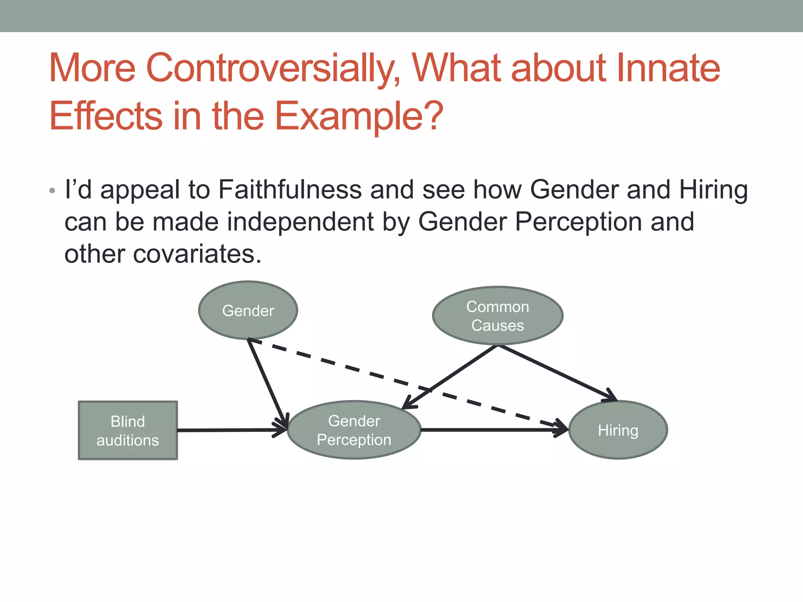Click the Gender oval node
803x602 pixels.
point(248,310)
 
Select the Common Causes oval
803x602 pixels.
point(498,316)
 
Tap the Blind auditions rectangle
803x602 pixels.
point(128,430)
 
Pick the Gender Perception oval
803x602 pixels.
point(354,430)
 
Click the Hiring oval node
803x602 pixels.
point(618,430)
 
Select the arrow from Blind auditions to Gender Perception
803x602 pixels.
point(231,430)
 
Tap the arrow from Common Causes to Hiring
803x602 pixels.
point(557,373)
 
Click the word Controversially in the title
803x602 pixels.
point(273,68)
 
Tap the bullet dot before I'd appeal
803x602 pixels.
point(52,191)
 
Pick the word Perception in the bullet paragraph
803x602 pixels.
point(578,222)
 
